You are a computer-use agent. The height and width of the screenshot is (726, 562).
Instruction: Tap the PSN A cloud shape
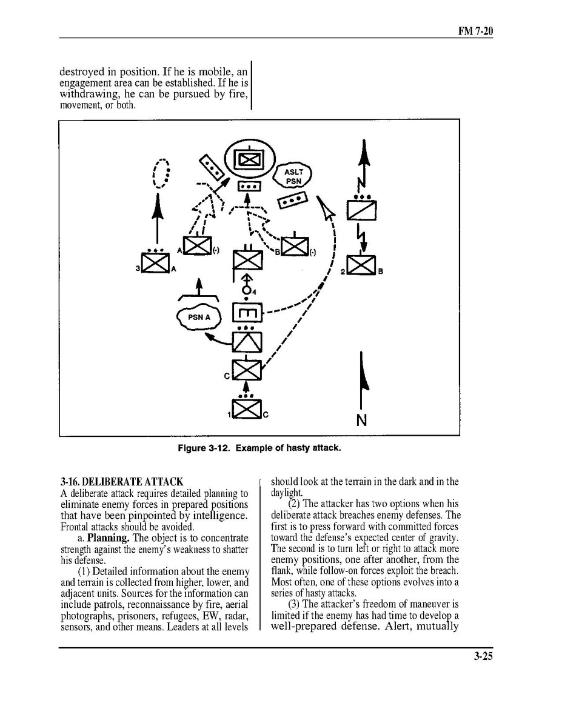tap(198, 316)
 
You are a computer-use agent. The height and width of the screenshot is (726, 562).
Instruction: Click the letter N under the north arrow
tap(361, 419)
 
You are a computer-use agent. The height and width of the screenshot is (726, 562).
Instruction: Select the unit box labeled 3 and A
tap(156, 261)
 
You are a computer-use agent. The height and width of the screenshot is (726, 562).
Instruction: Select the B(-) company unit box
tap(295, 246)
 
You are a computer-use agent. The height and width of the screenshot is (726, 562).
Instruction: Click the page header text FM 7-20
tap(475, 30)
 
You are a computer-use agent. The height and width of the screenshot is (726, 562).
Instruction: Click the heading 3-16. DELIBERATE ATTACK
tap(122, 482)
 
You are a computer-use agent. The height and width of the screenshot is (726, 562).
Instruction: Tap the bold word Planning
tap(107, 538)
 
